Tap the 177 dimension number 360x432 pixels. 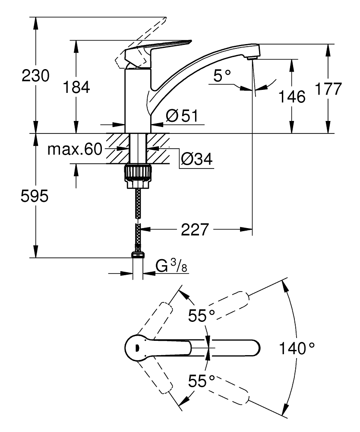328,89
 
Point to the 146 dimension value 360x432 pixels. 292,96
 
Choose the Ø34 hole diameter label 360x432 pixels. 196,160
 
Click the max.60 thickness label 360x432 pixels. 74,149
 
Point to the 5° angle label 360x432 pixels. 222,77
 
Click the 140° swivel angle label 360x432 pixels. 297,348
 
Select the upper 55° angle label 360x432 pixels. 201,316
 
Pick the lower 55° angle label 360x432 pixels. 202,381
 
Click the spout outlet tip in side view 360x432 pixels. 253,57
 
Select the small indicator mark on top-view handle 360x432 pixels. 136,347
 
